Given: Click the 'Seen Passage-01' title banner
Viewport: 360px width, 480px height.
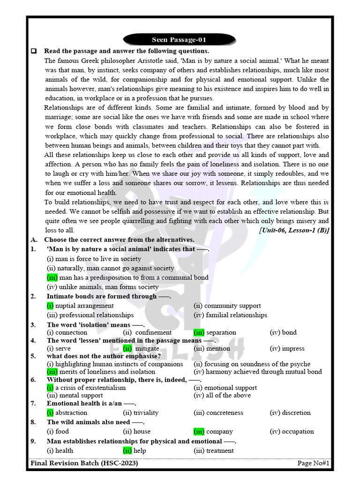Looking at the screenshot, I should coord(179,40).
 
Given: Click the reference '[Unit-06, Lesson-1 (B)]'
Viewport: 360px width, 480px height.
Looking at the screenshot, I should coord(294,230).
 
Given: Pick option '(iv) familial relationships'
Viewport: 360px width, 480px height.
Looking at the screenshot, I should coord(230,315).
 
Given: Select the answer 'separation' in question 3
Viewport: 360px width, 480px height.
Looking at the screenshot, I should coord(221,332).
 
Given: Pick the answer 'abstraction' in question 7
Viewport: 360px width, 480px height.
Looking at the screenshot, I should coord(71,413).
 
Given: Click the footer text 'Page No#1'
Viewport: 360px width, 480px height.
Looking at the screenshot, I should coord(313,464).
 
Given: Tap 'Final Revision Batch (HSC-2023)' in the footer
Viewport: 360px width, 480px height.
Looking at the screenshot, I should coord(84,464).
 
